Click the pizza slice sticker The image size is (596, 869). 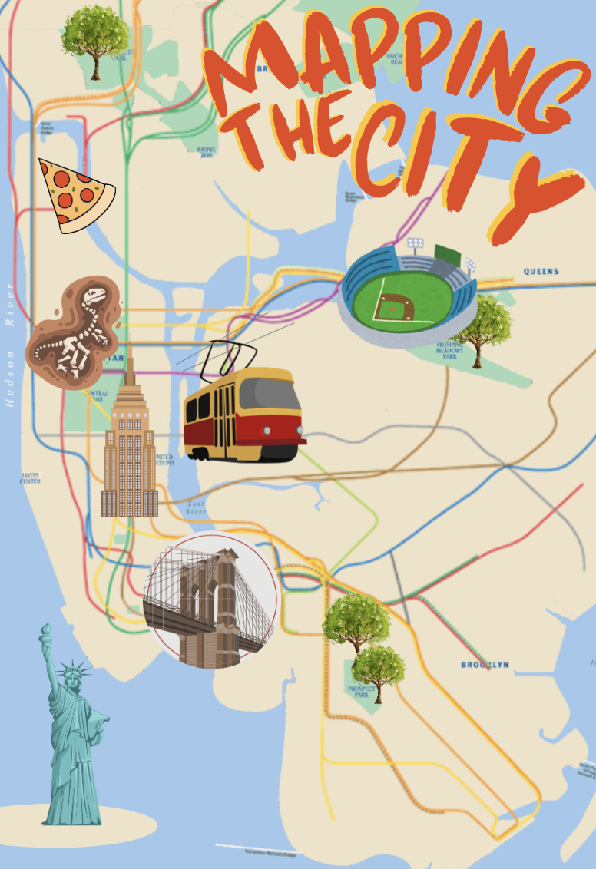point(74,194)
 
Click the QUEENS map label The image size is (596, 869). point(541,272)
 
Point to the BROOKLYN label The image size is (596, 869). point(485,665)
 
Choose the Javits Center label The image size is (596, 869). point(31,479)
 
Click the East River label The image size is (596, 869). point(197,507)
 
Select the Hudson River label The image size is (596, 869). point(10,345)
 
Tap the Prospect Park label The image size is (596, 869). point(362,692)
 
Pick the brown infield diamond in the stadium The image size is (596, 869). point(396,308)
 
